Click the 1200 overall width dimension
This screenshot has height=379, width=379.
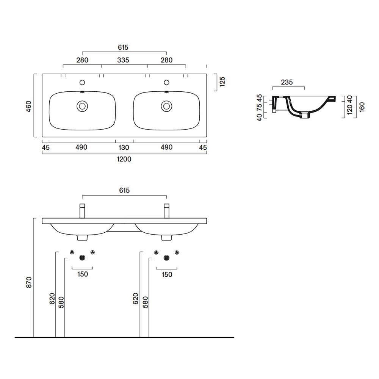[124, 159]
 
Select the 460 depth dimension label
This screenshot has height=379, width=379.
[28, 106]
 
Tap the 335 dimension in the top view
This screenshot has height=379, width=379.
[123, 60]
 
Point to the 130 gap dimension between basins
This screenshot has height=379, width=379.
[124, 147]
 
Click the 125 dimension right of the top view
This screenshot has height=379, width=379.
[222, 82]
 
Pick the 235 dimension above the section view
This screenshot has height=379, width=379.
[287, 82]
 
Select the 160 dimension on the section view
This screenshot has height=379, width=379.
[362, 107]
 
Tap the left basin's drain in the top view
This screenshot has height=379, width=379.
[82, 106]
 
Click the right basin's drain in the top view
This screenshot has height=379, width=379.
[166, 106]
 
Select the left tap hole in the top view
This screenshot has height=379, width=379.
[82, 83]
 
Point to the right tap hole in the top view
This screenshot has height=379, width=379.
[166, 83]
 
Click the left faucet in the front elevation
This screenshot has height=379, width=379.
[82, 211]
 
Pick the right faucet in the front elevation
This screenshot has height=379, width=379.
[166, 211]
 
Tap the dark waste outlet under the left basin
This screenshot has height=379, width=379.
[82, 258]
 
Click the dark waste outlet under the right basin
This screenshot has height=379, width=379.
[166, 258]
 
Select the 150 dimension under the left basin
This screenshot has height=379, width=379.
[82, 274]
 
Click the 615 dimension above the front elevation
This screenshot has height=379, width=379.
[124, 191]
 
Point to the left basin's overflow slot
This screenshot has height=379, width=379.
[82, 92]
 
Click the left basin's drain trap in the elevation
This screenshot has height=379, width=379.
[82, 238]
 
